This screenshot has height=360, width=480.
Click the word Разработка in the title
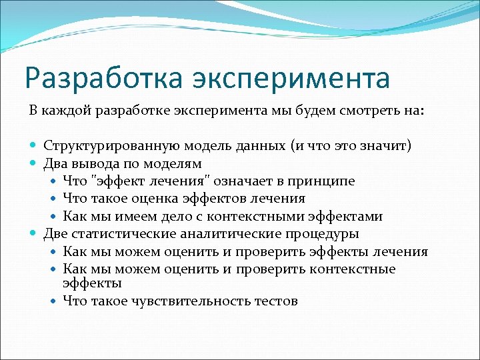[x=101, y=78]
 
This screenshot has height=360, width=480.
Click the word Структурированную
[x=105, y=146]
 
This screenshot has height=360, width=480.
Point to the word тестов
[x=276, y=301]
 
